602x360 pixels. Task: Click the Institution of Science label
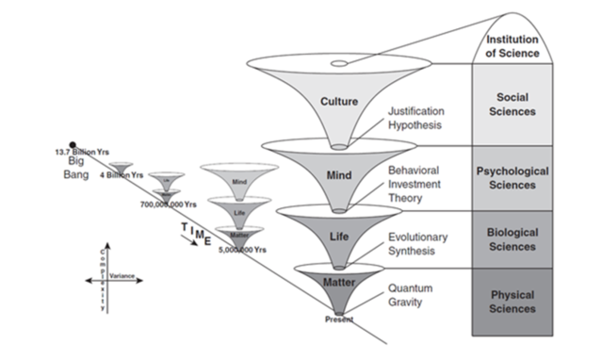click(x=513, y=45)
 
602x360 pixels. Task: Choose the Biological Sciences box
click(x=513, y=239)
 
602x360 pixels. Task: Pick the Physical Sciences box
click(x=513, y=302)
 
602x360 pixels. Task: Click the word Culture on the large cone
click(x=338, y=101)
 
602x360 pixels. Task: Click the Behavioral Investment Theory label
click(x=420, y=186)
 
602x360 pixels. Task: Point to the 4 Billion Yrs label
click(x=122, y=175)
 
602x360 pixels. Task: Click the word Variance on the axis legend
click(x=122, y=276)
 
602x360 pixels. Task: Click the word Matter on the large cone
click(x=338, y=280)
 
